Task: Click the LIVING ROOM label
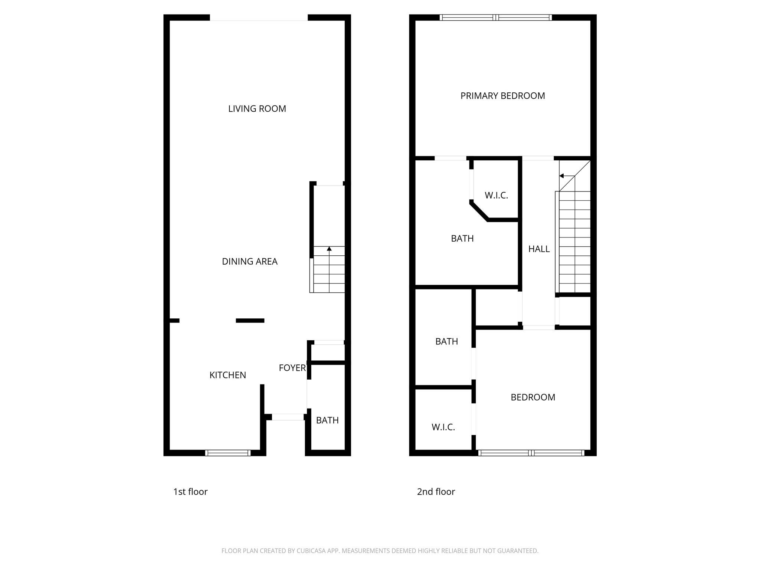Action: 257,109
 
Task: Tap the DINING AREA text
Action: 249,262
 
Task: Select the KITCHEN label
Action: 227,375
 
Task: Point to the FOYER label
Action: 292,368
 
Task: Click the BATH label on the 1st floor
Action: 327,420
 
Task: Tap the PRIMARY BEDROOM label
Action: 502,96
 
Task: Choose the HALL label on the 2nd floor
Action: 539,249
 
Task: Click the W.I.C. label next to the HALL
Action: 496,195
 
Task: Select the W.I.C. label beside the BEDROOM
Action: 443,427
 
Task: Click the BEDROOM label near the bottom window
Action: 533,397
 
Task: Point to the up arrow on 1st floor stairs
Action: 329,249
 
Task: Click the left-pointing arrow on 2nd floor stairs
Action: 562,176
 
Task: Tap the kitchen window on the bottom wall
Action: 228,453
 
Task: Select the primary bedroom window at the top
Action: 496,17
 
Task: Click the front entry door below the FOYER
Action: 288,417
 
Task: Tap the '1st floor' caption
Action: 190,492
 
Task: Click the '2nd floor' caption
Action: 436,492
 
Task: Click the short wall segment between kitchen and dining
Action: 250,321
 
